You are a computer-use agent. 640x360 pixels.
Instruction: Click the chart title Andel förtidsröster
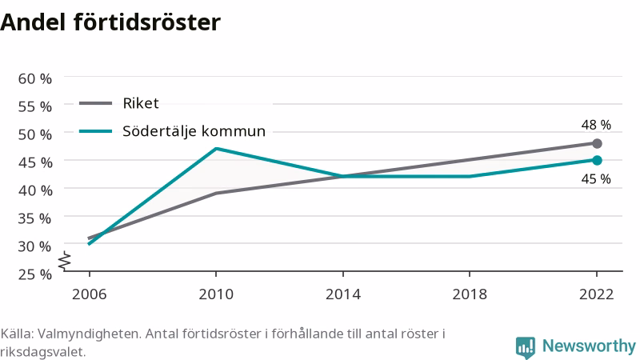(x=110, y=22)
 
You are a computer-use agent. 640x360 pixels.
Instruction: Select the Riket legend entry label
(x=141, y=103)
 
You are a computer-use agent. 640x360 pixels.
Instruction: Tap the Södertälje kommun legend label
(x=194, y=131)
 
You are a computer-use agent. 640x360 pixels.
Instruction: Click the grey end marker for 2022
(x=597, y=143)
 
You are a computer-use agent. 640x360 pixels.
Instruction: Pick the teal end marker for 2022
(x=597, y=161)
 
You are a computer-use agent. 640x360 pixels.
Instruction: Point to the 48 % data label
(x=596, y=125)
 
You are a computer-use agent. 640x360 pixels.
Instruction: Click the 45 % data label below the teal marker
(x=596, y=178)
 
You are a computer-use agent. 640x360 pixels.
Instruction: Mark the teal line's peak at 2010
(x=216, y=149)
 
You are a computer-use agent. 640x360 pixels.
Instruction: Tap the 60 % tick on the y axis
(x=35, y=78)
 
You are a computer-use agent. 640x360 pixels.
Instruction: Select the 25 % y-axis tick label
(x=35, y=274)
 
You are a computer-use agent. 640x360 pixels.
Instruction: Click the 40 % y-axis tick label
(x=35, y=190)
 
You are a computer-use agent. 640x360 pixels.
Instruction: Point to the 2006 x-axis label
(x=89, y=294)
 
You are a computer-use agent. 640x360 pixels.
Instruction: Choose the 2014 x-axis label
(x=343, y=294)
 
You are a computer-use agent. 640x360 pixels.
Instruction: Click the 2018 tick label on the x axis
(x=470, y=294)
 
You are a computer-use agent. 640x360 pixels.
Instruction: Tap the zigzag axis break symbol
(x=65, y=261)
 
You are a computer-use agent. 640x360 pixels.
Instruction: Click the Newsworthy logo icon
(x=526, y=347)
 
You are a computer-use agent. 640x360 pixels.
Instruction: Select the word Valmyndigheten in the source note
(x=90, y=334)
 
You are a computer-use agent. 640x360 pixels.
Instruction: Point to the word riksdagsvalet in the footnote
(x=42, y=352)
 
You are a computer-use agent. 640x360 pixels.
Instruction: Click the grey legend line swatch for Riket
(x=95, y=103)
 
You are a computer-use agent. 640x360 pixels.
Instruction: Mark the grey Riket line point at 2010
(x=216, y=193)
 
